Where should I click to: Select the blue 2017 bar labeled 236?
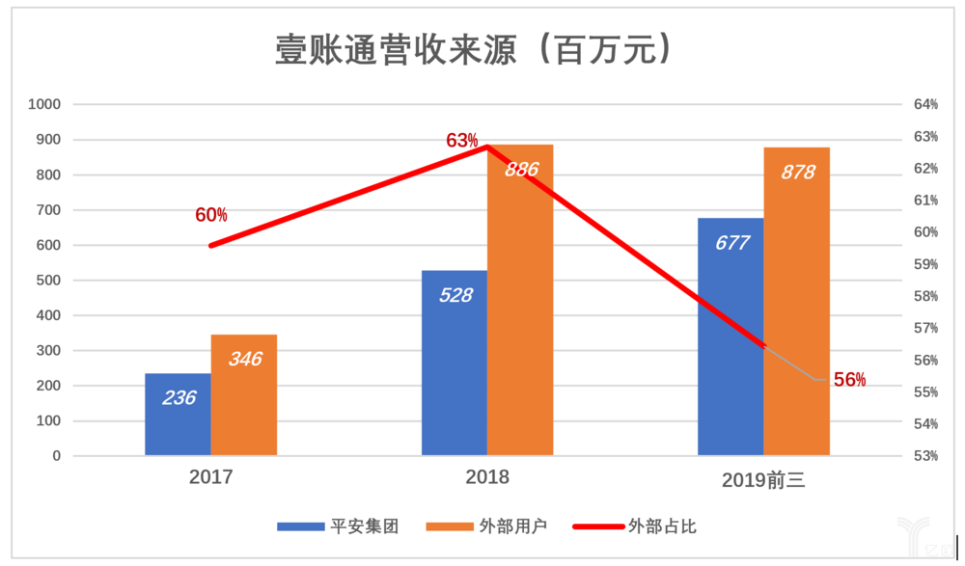[178, 415]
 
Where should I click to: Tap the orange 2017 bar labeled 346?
[244, 395]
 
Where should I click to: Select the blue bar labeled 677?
[731, 337]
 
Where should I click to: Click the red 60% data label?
[211, 215]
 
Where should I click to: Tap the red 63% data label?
[462, 140]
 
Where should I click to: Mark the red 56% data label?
[849, 380]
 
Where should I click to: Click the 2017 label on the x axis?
[210, 477]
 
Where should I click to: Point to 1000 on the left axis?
[44, 104]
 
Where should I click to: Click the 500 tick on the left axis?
[48, 281]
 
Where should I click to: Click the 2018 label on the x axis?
[487, 477]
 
